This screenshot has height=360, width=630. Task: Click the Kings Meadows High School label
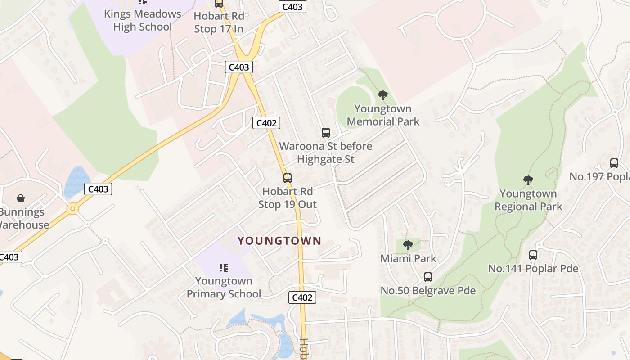142,20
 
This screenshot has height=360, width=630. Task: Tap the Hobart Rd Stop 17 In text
219,22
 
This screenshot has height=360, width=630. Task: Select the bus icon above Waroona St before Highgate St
326,133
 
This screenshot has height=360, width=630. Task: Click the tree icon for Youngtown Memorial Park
383,95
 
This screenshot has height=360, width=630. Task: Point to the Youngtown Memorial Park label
383,115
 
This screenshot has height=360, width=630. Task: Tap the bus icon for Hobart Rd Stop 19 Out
288,178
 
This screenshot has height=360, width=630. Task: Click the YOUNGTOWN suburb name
279,241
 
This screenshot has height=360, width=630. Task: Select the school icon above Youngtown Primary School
224,268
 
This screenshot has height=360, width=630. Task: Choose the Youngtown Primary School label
224,288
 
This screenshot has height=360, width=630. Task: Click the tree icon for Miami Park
408,245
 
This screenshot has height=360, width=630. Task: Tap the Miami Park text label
408,259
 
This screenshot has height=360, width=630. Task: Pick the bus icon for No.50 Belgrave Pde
428,277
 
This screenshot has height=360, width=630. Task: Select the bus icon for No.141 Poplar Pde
533,255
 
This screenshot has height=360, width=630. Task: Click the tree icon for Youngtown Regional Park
528,180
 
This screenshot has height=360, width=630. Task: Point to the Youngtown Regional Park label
528,200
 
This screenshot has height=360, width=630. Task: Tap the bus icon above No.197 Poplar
614,163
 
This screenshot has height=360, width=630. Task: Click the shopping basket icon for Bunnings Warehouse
21,198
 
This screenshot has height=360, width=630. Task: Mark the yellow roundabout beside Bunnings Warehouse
72,209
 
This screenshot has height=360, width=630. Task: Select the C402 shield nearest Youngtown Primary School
302,297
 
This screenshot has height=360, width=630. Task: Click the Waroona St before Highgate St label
326,153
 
